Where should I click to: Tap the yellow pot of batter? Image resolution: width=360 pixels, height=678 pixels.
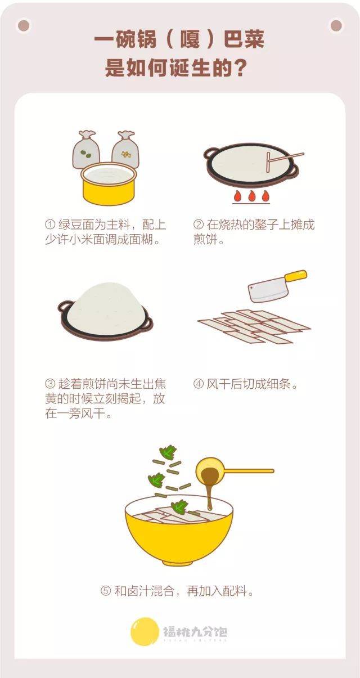tap(109, 185)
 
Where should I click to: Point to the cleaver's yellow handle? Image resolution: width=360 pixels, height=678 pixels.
tap(296, 275)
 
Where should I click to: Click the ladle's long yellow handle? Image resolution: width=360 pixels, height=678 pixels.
tap(249, 471)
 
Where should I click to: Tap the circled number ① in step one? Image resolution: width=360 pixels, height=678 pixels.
tap(50, 225)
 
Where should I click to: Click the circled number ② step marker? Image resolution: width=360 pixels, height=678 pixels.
tap(198, 225)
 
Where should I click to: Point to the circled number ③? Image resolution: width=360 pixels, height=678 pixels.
tap(50, 384)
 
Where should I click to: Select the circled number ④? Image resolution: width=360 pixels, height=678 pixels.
tap(198, 384)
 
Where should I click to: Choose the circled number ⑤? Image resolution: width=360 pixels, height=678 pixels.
tap(106, 591)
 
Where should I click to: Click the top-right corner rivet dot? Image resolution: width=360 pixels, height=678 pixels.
tap(336, 26)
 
